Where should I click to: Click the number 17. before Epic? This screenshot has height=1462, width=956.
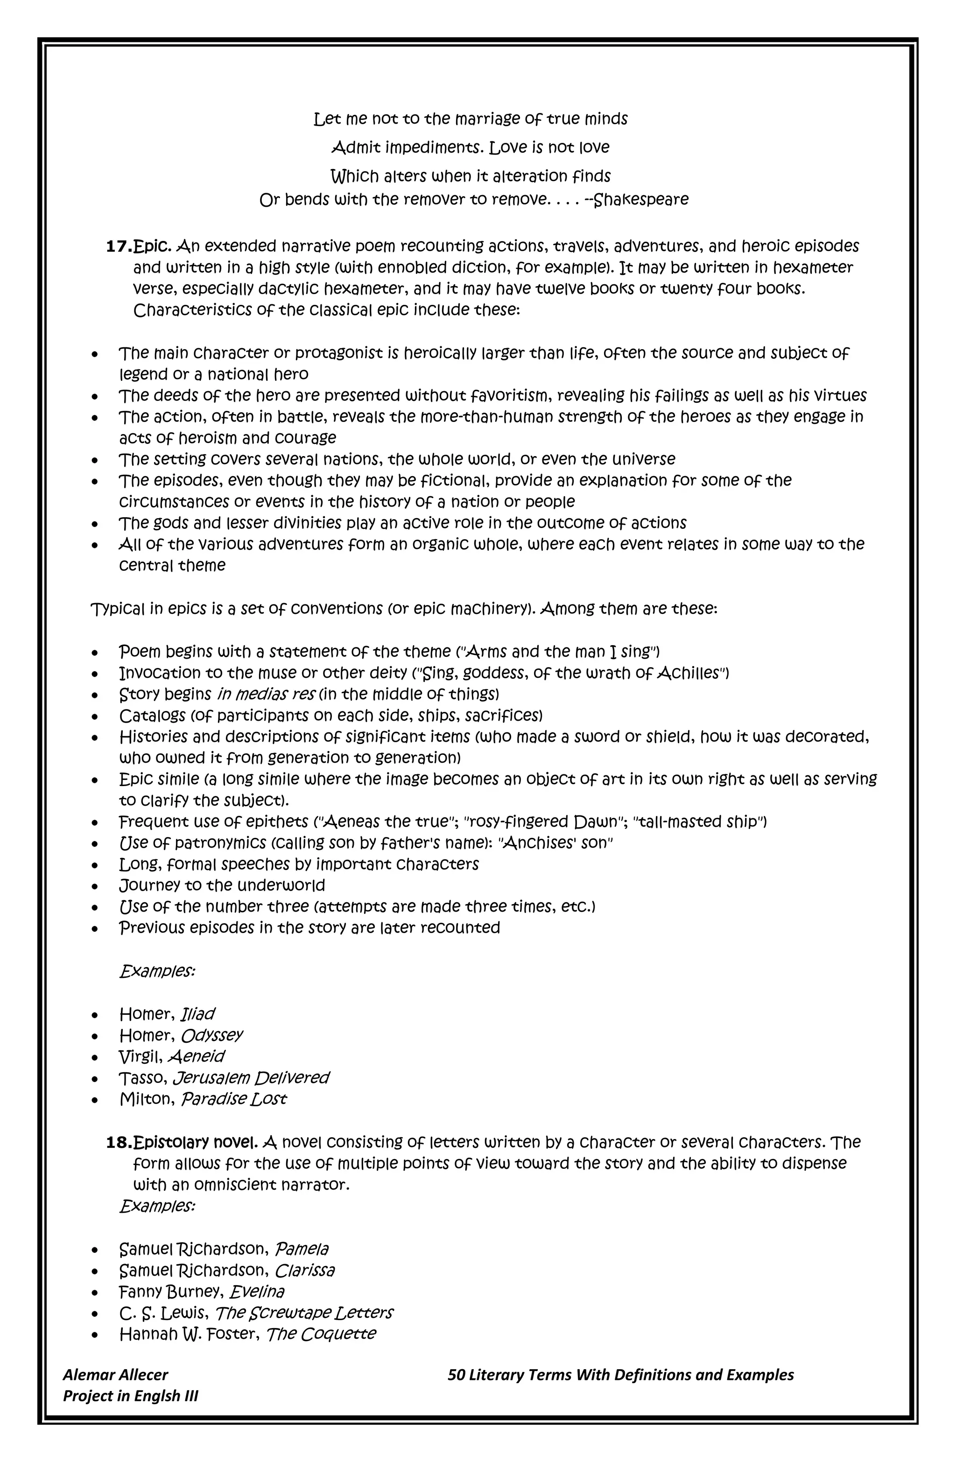click(x=119, y=247)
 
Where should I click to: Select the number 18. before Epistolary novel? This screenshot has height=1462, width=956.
click(x=119, y=1143)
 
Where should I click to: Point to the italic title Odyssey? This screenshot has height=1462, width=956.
click(x=212, y=1036)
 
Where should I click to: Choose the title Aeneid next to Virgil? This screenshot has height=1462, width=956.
click(x=196, y=1056)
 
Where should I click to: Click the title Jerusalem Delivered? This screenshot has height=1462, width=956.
click(x=251, y=1078)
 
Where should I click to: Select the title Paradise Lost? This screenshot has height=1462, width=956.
click(x=233, y=1099)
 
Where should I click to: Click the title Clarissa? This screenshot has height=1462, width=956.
click(x=305, y=1270)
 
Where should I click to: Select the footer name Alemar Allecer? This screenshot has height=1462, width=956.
click(x=115, y=1375)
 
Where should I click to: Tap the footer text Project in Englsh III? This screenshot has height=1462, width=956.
click(x=130, y=1396)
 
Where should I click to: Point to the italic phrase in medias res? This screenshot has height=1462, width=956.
click(x=266, y=695)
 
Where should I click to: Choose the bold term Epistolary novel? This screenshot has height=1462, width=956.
click(x=196, y=1143)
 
